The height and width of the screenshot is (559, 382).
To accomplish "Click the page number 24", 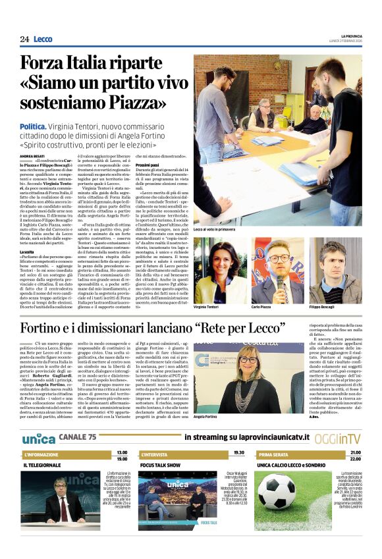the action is [24, 39].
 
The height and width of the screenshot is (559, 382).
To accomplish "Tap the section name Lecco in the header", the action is [43, 39].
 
